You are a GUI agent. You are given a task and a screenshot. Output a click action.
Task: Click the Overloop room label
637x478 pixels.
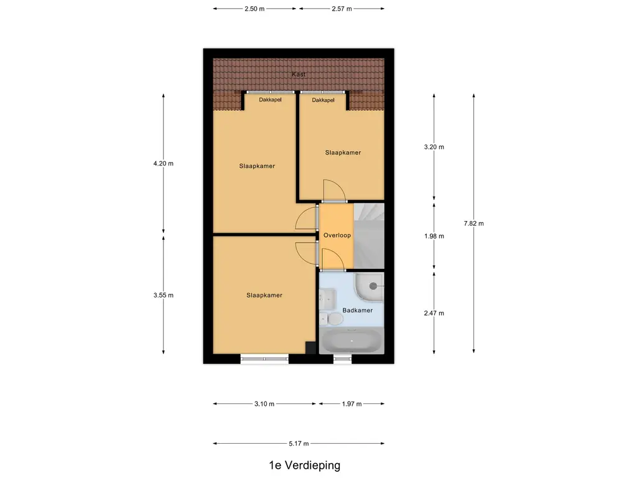[x=337, y=236]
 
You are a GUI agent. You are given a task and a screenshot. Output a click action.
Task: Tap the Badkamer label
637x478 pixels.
[x=358, y=311]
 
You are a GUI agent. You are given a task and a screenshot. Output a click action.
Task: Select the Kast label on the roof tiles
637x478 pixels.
[x=299, y=75]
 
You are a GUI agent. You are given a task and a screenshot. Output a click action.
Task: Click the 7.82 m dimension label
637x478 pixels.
[x=473, y=223]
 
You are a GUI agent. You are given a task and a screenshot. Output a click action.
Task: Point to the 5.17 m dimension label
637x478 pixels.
[x=299, y=444]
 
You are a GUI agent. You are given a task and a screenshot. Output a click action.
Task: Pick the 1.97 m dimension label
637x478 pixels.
[x=351, y=404]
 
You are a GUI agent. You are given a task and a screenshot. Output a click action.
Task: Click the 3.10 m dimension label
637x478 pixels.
[x=264, y=404]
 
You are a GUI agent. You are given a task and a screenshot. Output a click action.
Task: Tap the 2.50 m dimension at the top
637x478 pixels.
[x=255, y=9]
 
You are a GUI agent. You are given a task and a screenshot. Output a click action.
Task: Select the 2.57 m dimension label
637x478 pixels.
[x=342, y=9]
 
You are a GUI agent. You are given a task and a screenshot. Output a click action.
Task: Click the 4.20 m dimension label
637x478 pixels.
[x=164, y=164]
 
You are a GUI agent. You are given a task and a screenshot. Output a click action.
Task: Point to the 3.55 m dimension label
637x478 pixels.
[x=164, y=295]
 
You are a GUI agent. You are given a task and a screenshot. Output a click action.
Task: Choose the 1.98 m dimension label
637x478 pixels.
[x=434, y=236]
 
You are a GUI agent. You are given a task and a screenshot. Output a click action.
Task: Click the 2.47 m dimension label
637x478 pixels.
[x=434, y=313]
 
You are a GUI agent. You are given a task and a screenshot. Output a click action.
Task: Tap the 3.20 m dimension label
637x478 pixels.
[x=434, y=148]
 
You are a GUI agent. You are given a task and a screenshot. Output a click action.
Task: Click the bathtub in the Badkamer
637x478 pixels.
[x=351, y=341]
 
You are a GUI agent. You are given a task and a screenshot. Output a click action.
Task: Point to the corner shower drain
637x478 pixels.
[x=374, y=286]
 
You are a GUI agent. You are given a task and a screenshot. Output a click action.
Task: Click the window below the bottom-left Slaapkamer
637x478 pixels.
[x=264, y=358]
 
